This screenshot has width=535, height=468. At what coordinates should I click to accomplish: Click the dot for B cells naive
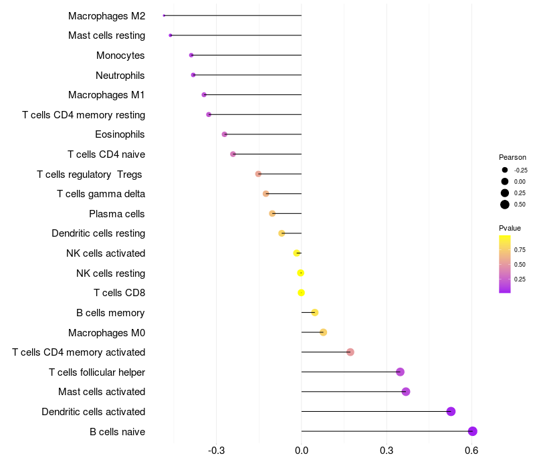(x=472, y=431)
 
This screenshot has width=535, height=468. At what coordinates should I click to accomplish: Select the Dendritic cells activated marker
(x=451, y=411)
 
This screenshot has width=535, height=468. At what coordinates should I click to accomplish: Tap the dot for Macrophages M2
(x=164, y=15)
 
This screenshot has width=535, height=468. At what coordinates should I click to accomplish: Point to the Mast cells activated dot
(x=406, y=392)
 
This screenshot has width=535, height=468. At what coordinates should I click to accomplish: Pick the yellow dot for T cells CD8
(x=301, y=293)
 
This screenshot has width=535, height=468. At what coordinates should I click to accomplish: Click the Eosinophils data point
(x=225, y=134)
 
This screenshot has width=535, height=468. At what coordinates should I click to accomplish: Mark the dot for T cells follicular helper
(x=400, y=372)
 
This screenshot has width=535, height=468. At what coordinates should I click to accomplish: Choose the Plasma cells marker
(x=272, y=213)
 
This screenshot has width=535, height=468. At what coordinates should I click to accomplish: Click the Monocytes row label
(x=120, y=55)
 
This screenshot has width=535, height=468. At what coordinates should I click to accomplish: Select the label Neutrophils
(x=120, y=76)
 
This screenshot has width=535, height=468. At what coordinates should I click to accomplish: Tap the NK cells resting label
(x=110, y=273)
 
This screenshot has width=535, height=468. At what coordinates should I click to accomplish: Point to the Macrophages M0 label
(x=106, y=333)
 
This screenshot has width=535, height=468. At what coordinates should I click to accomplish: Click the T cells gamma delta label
(x=101, y=194)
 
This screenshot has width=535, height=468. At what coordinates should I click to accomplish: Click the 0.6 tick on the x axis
(x=471, y=451)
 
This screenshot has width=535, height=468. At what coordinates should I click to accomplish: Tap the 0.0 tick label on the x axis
(x=302, y=451)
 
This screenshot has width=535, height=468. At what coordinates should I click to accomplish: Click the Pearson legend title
(x=512, y=157)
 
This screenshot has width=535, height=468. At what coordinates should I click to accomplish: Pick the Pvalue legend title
(x=510, y=228)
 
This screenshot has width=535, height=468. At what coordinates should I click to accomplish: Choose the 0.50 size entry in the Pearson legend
(x=505, y=205)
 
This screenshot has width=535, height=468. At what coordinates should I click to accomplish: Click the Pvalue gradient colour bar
(x=505, y=263)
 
